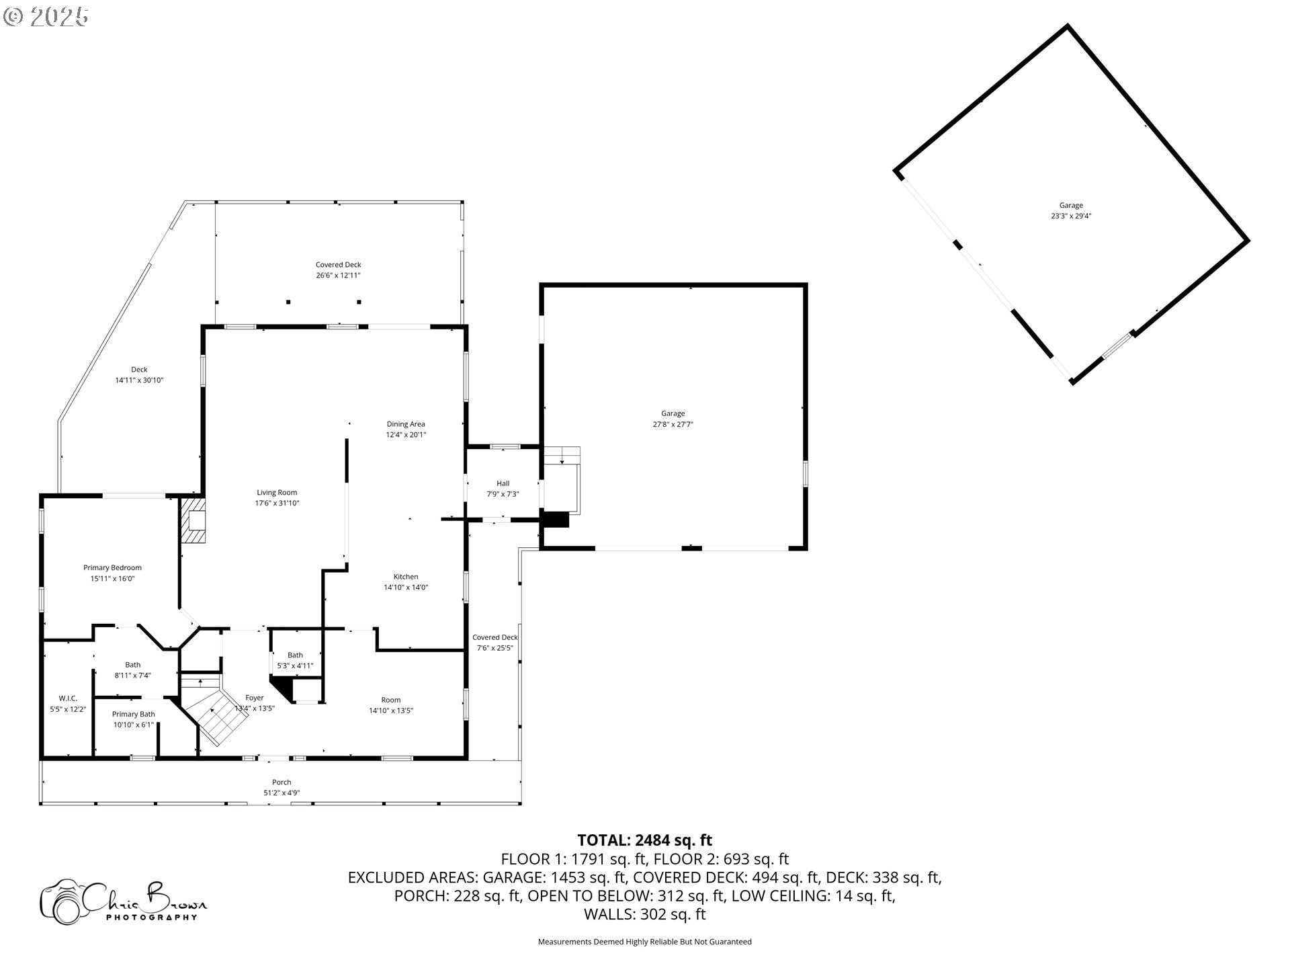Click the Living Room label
(x=277, y=493)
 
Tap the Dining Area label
(x=406, y=424)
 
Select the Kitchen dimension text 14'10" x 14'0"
(x=406, y=588)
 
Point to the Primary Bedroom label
(x=112, y=568)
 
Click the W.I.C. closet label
(x=68, y=698)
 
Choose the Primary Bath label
(x=134, y=715)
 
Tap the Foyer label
(x=255, y=698)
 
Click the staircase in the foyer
(x=215, y=713)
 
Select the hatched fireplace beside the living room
(x=193, y=520)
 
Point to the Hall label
(x=503, y=483)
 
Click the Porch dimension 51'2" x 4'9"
(x=282, y=793)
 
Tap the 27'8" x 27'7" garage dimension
(x=673, y=425)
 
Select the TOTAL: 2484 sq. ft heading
(x=645, y=840)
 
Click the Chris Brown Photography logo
(x=124, y=901)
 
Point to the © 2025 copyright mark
(x=46, y=16)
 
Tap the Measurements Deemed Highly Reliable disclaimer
(x=645, y=942)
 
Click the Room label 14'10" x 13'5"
(x=391, y=705)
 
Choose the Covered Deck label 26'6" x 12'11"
(x=339, y=270)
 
